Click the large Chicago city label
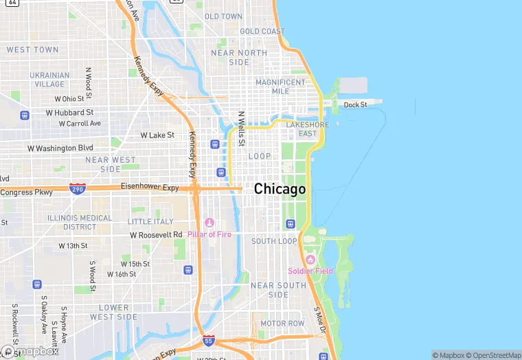click(x=280, y=189)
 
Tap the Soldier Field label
click(x=310, y=271)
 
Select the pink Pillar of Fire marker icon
click(x=209, y=223)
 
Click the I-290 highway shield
click(x=78, y=188)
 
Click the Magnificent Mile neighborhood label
click(x=280, y=87)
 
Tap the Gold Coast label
click(x=262, y=32)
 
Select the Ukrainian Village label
click(x=49, y=80)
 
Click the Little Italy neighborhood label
click(x=150, y=221)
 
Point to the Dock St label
click(x=355, y=104)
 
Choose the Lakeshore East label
click(x=308, y=129)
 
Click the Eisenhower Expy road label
click(x=150, y=187)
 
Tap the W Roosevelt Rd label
click(x=157, y=234)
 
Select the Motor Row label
click(x=282, y=323)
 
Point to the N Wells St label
click(x=241, y=129)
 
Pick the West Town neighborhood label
click(x=32, y=50)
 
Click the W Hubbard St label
click(x=69, y=112)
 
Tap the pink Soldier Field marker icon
click(x=310, y=260)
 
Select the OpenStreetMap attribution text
click(x=492, y=355)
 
